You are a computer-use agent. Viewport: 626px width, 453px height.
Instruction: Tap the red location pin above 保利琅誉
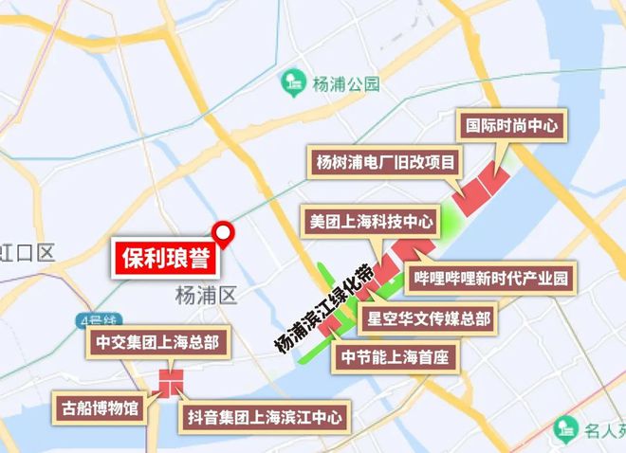point(223,232)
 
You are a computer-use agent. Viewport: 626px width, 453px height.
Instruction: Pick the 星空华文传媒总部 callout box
point(429,317)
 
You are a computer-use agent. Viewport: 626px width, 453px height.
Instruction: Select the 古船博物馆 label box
point(99,409)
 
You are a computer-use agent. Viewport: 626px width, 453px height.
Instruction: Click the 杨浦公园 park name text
point(345,84)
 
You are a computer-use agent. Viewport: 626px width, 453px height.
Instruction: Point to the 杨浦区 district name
point(204,296)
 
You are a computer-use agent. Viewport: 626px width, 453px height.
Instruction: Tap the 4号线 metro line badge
point(92,318)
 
